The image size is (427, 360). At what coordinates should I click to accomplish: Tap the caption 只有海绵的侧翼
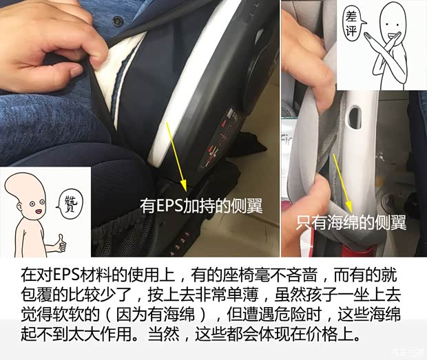(x=351, y=223)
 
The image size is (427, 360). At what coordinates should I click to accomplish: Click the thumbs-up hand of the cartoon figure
(x=60, y=242)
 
